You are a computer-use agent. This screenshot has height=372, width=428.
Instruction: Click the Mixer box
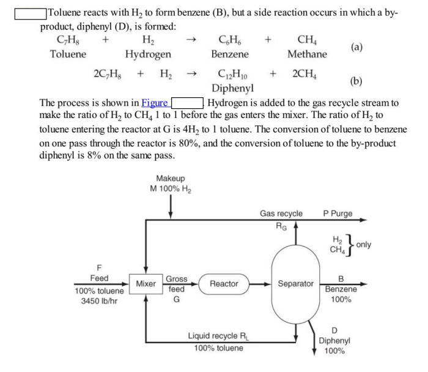pos(146,285)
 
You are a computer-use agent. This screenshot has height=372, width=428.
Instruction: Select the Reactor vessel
pos(224,284)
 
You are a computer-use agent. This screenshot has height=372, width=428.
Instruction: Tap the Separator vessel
pos(296,284)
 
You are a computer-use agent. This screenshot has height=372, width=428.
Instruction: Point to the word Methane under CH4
pos(306,54)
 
